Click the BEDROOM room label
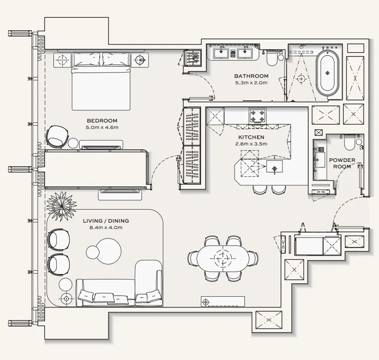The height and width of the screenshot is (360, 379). [x=102, y=121]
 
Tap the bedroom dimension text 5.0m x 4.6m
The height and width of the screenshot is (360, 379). [x=102, y=127]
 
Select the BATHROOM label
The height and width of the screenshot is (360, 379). [x=251, y=76]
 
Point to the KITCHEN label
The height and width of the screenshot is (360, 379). [x=251, y=137]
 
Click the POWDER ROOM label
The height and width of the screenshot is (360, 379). [x=342, y=163]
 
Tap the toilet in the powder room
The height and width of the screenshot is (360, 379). [x=349, y=143]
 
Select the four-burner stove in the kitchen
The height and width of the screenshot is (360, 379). [x=257, y=116]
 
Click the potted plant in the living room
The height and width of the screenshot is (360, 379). [x=61, y=202]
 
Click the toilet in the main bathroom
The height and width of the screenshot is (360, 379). [x=271, y=60]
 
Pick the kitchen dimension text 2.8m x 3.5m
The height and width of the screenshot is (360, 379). [x=251, y=144]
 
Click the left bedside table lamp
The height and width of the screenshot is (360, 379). [x=62, y=60]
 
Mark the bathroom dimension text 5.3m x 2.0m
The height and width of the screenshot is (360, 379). [x=251, y=83]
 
